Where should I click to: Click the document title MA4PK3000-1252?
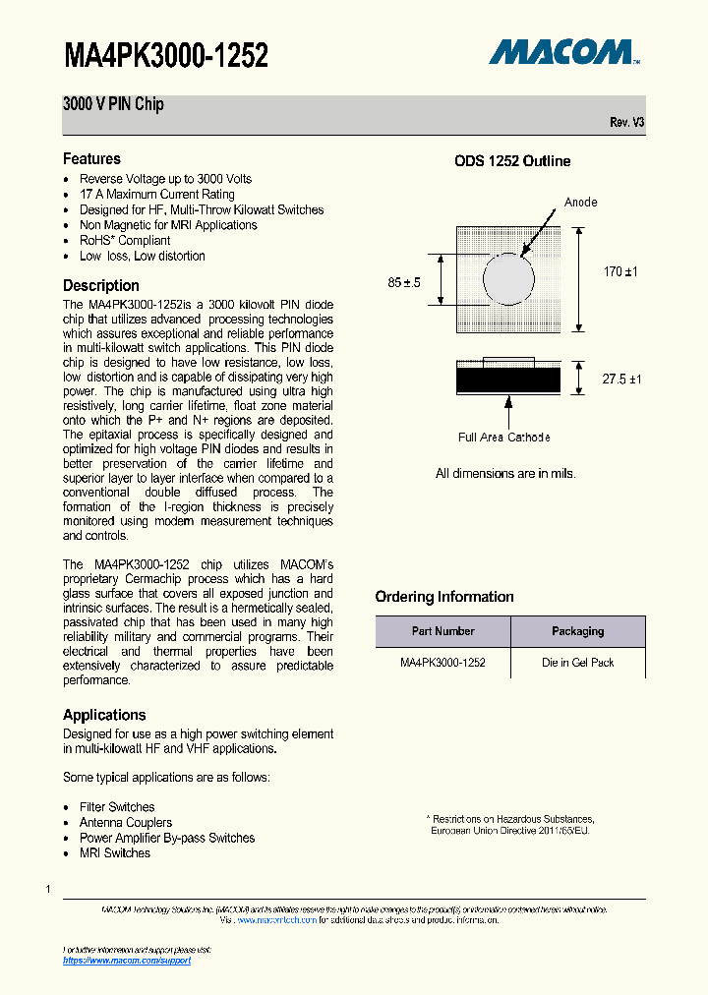point(165,55)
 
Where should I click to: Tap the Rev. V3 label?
point(626,123)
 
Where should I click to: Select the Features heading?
point(91,159)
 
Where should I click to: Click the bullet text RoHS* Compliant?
point(125,241)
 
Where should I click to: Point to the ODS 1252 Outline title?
point(511,161)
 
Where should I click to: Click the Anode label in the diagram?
point(580,203)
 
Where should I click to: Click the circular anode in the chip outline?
point(509,279)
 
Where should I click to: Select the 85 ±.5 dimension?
point(404,283)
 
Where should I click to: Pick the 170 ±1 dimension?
point(620,271)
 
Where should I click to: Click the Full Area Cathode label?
point(503,438)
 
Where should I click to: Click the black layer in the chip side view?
point(508,380)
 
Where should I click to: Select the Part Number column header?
point(442,631)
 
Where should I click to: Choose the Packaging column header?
point(577,631)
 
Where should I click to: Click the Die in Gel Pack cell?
point(577,663)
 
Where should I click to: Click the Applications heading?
point(104,715)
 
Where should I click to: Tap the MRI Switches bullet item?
point(115,853)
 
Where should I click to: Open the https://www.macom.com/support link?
point(127,961)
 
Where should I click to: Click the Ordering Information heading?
point(443,597)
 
